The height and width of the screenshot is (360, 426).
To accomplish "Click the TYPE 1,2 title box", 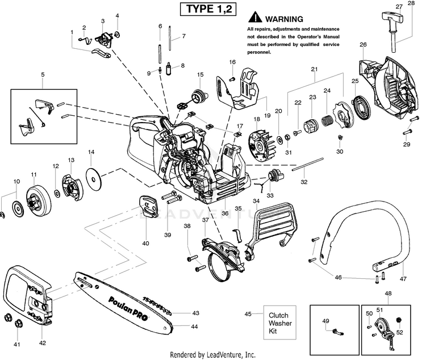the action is click(x=208, y=9).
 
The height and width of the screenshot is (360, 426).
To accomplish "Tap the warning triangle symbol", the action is click(x=255, y=17).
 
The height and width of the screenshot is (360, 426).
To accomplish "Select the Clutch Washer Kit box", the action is click(x=280, y=323).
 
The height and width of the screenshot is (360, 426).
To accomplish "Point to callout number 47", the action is click(x=403, y=279).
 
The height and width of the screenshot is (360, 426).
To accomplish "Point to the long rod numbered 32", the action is click(x=308, y=164).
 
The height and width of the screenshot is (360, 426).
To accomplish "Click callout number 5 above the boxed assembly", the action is click(x=43, y=74).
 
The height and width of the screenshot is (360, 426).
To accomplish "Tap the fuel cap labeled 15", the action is click(x=200, y=97).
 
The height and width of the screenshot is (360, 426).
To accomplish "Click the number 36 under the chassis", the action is click(x=225, y=214).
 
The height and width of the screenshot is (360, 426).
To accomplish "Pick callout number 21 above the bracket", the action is click(x=314, y=69).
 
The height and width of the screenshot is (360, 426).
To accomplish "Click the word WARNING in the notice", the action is click(x=284, y=19).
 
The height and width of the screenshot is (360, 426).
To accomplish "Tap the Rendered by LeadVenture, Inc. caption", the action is click(x=213, y=354).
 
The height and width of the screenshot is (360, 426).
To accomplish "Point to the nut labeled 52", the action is click(x=399, y=320).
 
